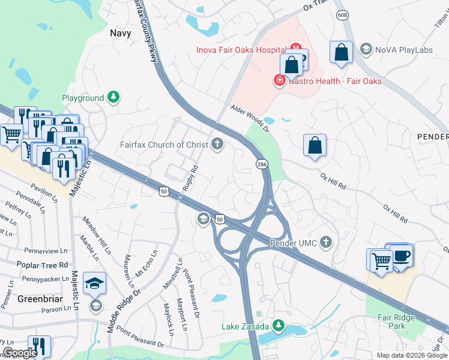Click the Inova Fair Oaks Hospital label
[240, 50]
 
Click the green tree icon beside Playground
[113, 98]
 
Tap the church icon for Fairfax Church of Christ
[217, 144]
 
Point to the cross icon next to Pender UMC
[325, 242]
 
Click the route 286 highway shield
[262, 163]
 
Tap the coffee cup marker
[400, 257]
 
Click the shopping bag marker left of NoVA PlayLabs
[341, 52]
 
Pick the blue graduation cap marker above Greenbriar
[95, 283]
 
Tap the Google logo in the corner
[20, 353]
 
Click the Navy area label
[120, 33]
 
